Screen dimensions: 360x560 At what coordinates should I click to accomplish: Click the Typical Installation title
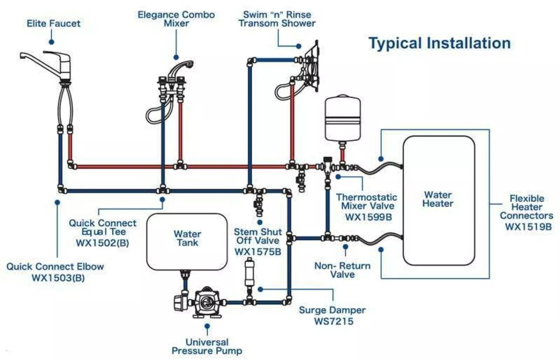[439, 44]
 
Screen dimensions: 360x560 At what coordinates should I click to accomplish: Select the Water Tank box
[187, 242]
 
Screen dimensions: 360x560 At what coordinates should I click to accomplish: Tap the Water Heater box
[438, 200]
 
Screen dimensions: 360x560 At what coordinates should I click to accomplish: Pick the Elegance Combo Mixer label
[176, 18]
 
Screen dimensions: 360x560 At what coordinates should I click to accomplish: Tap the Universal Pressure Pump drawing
[205, 301]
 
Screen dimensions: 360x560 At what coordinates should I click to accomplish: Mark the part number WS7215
[332, 322]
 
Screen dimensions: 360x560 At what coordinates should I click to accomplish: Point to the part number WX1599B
[366, 216]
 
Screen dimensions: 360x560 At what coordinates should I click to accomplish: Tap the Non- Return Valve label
[342, 270]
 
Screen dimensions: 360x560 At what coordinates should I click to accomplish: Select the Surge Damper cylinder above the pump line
[249, 272]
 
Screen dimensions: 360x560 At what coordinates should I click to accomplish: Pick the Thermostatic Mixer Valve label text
[366, 202]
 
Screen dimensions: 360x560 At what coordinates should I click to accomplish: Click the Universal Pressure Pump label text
[207, 346]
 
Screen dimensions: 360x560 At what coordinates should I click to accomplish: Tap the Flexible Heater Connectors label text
[526, 207]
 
